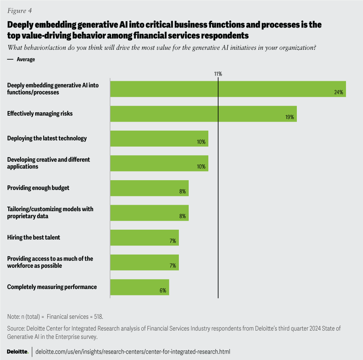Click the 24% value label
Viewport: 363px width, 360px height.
click(x=338, y=93)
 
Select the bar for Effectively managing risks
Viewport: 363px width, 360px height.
click(x=203, y=114)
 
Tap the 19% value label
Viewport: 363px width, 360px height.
click(x=290, y=117)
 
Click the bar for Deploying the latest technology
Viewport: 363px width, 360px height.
click(x=159, y=139)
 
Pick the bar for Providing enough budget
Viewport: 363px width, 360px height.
click(x=149, y=188)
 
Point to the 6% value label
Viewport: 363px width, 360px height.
click(x=163, y=290)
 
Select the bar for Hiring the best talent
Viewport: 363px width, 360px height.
click(x=144, y=238)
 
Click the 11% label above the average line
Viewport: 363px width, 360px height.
click(x=218, y=74)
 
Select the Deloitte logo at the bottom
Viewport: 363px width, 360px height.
click(x=17, y=352)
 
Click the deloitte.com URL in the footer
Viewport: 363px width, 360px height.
click(x=132, y=352)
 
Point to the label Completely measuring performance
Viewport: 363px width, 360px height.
click(x=52, y=287)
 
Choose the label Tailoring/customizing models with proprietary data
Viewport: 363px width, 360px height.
click(x=50, y=213)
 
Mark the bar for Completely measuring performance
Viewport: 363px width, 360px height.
click(x=139, y=287)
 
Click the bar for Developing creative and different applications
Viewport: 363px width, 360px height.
click(x=159, y=163)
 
